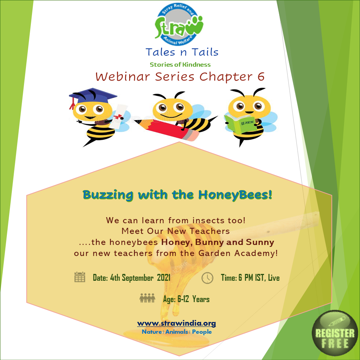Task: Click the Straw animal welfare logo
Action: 179,24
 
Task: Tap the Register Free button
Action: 335,333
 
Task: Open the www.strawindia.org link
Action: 176,323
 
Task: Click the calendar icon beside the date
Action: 80,277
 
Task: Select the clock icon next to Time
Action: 207,278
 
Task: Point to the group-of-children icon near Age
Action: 147,298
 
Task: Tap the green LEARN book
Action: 240,124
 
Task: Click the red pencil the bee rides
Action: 167,129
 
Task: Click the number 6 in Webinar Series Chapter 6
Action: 261,77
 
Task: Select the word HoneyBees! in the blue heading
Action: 235,195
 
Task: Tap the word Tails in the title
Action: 205,52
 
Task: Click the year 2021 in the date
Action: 164,278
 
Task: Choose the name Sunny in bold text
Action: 260,242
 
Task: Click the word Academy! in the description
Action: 256,253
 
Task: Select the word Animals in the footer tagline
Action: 176,332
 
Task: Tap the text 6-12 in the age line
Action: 183,299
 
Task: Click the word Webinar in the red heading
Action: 123,77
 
